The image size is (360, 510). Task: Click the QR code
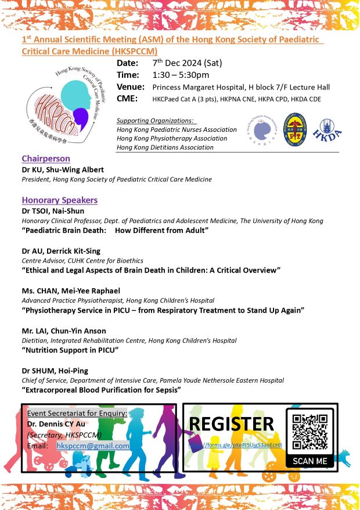pos(309,432)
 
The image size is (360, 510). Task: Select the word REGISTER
pos(232,424)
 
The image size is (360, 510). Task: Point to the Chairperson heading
pos(46,159)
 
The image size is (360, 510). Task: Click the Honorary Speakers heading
pos(59,200)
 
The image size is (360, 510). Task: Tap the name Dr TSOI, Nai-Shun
pos(53,211)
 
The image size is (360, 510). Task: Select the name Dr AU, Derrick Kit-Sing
pos(61,251)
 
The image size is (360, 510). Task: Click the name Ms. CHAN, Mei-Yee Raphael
pos(71,290)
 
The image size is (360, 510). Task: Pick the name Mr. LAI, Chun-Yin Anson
pos(64,331)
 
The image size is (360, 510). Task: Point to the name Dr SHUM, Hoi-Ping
pos(56,370)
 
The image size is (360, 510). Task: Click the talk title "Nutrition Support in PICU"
pos(70,350)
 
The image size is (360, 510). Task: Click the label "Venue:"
pos(130,87)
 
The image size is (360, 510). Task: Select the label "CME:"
pos(127,99)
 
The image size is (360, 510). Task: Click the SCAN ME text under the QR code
pos(309,461)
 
